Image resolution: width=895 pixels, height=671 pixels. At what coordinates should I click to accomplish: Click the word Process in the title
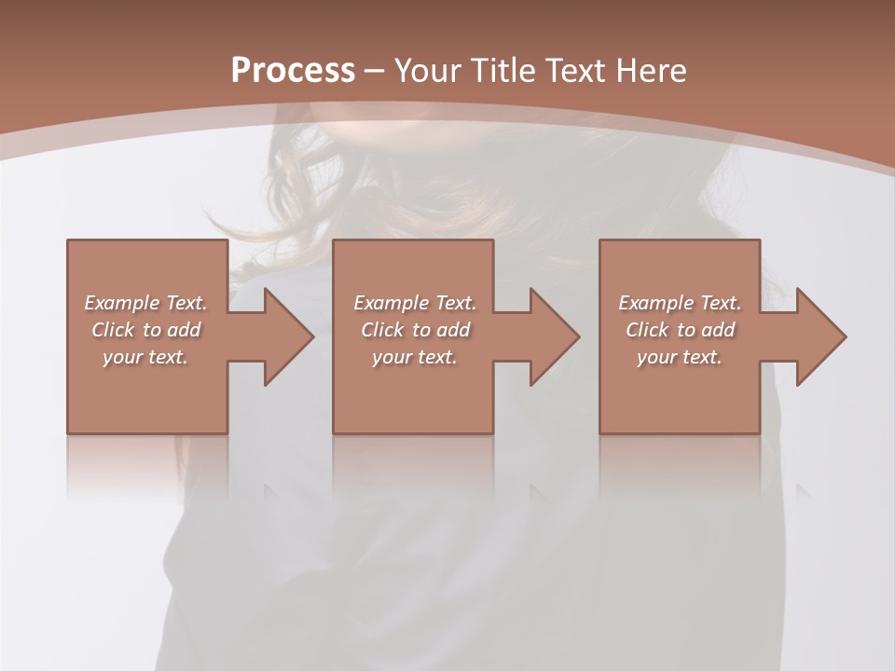(293, 71)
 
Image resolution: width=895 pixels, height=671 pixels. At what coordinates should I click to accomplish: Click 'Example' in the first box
(121, 303)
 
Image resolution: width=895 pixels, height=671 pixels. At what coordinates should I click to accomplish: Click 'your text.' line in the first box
(145, 357)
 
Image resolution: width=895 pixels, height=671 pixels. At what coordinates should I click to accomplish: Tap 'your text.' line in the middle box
(415, 357)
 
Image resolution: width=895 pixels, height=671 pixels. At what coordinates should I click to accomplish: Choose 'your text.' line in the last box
(680, 357)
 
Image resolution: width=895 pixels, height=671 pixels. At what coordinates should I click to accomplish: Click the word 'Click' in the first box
(113, 330)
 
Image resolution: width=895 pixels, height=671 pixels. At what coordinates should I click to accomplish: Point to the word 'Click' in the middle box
(382, 330)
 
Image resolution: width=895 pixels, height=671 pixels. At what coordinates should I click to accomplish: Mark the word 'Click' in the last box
(647, 330)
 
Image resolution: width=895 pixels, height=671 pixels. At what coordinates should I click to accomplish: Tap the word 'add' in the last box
(716, 330)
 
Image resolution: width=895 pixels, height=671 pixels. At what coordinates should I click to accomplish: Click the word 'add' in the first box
(182, 330)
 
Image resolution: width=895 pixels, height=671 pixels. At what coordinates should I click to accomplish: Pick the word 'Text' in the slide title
(572, 71)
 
